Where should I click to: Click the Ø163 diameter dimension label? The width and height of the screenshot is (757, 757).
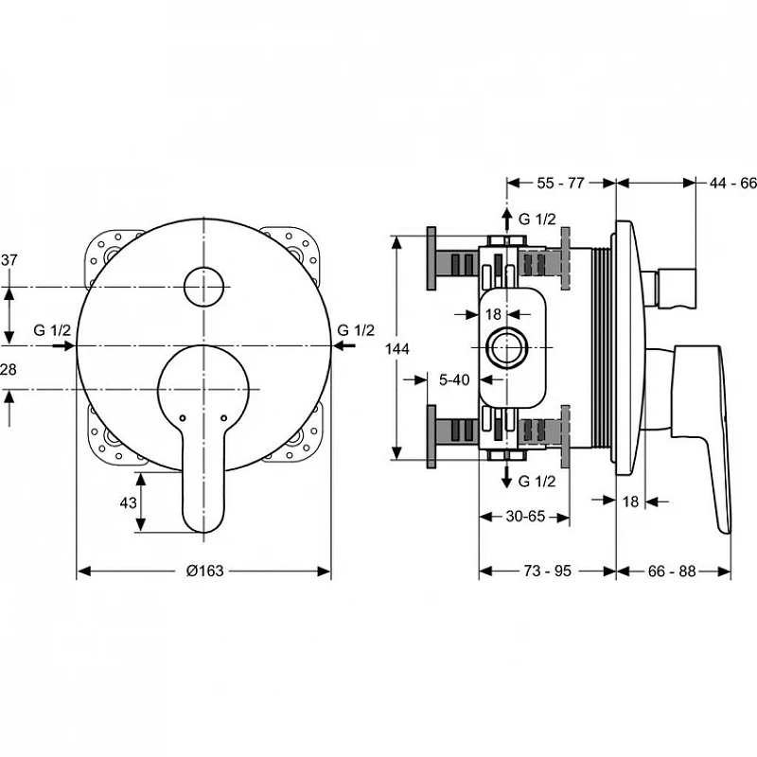click(x=204, y=571)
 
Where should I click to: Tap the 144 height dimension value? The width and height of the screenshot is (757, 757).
click(x=396, y=348)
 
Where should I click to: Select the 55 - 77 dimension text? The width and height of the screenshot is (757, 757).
click(x=560, y=183)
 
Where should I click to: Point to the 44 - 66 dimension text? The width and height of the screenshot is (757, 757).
click(x=732, y=183)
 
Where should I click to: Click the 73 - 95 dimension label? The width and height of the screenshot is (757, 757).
click(x=548, y=571)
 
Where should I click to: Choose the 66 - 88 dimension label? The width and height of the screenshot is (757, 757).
click(x=672, y=572)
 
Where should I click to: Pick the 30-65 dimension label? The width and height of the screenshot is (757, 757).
click(x=525, y=516)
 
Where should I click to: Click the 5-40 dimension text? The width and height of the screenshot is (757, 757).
click(x=454, y=379)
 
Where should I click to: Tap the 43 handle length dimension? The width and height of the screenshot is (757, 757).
click(x=128, y=502)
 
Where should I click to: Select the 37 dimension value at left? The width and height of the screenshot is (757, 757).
click(x=9, y=259)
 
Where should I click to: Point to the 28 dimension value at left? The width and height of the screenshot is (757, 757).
click(x=9, y=369)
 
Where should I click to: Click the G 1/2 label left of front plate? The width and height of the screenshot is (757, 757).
click(x=52, y=330)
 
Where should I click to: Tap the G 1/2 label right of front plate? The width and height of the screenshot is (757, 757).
click(x=356, y=330)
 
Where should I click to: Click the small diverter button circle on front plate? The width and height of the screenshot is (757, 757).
click(x=203, y=287)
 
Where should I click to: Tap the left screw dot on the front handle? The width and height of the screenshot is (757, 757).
click(x=182, y=418)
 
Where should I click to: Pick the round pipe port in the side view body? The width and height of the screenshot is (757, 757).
click(x=507, y=347)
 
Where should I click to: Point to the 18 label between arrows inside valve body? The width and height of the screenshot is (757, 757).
click(x=493, y=314)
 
